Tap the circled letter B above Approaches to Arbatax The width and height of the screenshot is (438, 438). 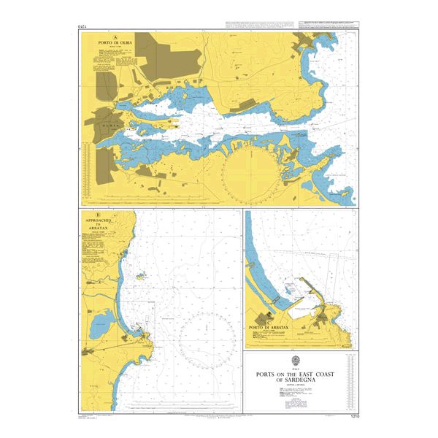(87, 214)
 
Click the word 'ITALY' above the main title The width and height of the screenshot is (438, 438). (300, 369)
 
